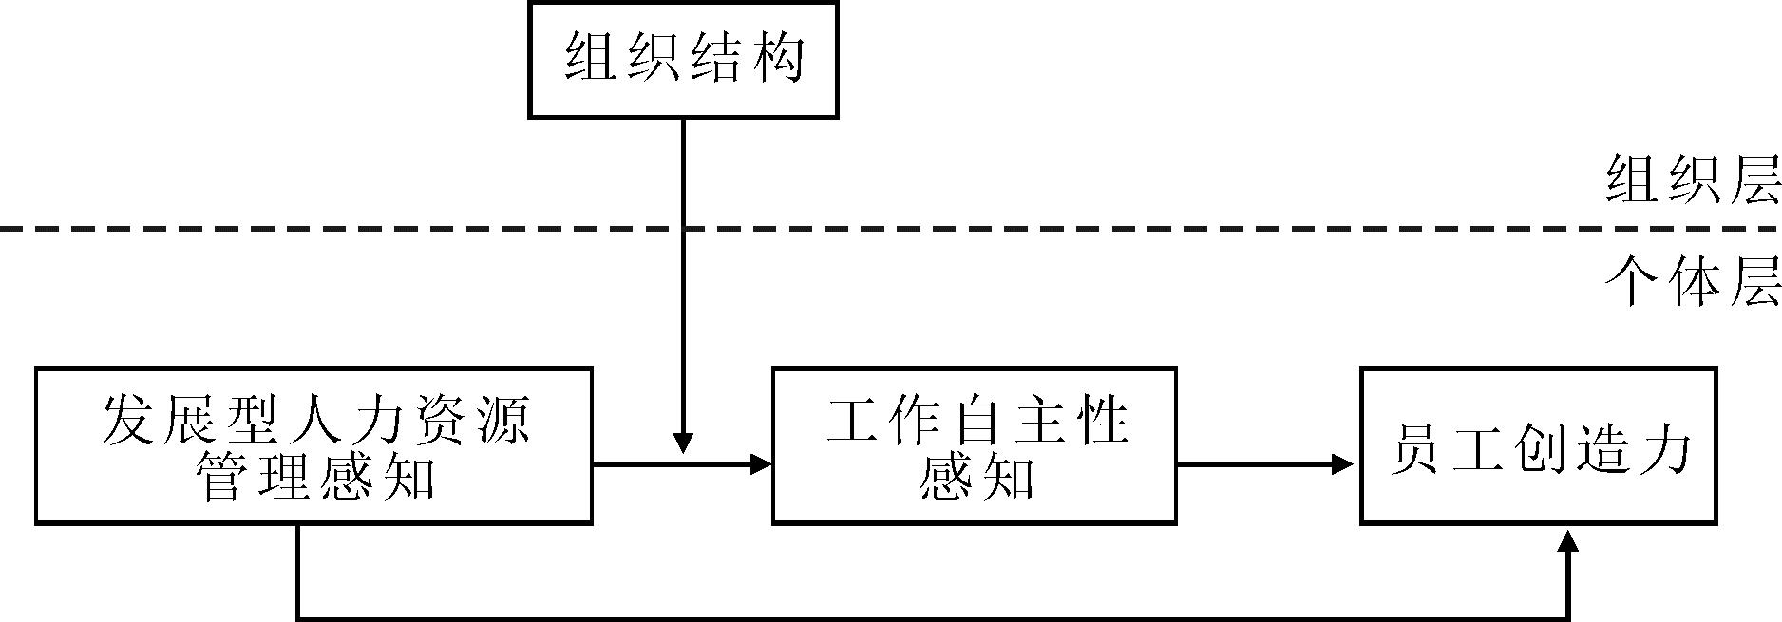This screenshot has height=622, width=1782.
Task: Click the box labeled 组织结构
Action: [683, 60]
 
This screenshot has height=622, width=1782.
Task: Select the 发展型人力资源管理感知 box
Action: [313, 445]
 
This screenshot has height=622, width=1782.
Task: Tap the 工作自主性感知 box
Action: [975, 445]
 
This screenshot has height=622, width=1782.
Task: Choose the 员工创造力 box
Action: [1539, 445]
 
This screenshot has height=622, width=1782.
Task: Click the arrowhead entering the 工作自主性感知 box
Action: [761, 464]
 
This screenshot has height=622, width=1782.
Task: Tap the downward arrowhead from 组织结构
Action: [683, 443]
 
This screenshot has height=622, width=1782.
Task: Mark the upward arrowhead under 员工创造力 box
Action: [1569, 540]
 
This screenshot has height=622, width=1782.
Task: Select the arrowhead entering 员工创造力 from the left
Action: [1342, 464]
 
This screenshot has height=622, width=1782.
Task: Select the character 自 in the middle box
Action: [976, 420]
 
